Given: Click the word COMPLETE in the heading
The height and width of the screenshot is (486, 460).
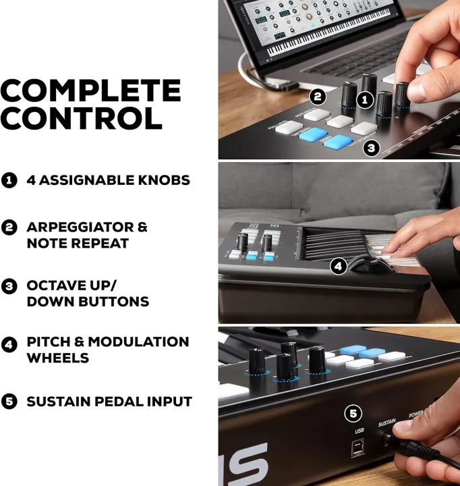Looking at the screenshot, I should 90,90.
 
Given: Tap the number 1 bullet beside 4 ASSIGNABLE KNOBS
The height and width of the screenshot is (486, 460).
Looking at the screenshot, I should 9,180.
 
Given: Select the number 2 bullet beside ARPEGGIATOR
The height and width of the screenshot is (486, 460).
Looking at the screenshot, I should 9,227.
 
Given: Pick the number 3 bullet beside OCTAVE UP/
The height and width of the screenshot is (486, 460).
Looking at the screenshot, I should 9,286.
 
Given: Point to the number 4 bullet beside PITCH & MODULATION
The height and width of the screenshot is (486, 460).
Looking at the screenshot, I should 9,344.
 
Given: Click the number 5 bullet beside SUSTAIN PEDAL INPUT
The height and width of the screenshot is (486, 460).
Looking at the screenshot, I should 9,402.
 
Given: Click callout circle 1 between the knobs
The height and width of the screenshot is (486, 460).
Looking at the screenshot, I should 365,100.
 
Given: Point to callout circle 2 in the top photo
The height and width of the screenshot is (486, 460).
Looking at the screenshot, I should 318,97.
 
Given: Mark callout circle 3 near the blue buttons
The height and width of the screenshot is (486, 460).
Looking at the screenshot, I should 371,147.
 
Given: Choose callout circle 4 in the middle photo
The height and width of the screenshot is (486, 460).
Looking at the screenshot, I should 339,267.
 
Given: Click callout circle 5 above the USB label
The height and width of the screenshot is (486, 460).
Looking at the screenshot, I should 353,412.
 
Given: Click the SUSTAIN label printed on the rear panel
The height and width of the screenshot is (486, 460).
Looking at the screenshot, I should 386,423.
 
